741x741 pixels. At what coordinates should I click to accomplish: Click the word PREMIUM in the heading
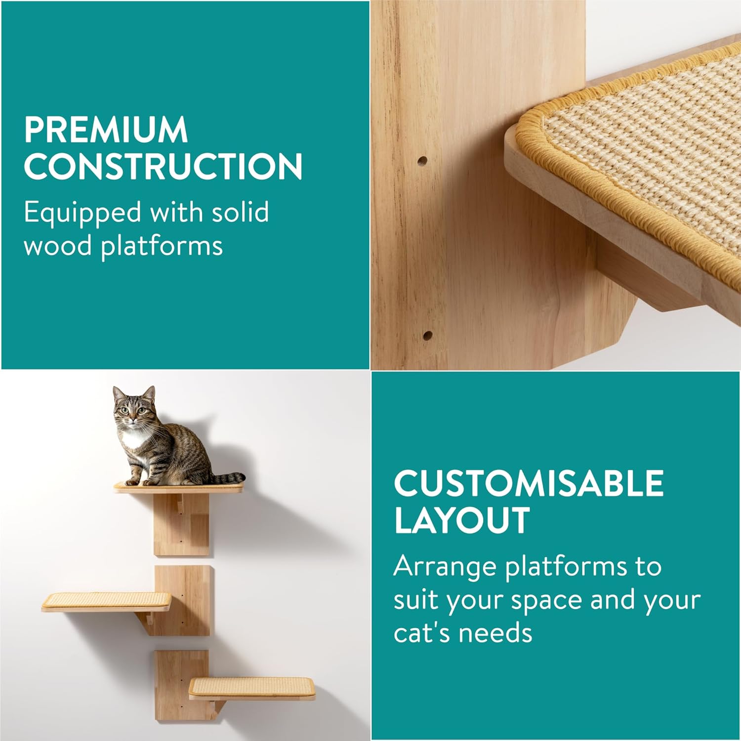pyautogui.click(x=106, y=130)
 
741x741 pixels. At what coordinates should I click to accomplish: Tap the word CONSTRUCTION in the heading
pyautogui.click(x=163, y=166)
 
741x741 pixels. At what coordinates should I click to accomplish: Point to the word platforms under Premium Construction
pyautogui.click(x=162, y=246)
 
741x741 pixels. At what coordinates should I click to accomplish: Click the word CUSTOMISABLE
pyautogui.click(x=529, y=483)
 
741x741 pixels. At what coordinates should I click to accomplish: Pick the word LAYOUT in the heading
pyautogui.click(x=461, y=520)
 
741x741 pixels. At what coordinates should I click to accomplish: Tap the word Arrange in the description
pyautogui.click(x=445, y=567)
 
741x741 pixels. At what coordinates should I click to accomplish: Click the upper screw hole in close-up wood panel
pyautogui.click(x=422, y=161)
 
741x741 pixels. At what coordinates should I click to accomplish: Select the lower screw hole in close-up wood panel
pyautogui.click(x=428, y=335)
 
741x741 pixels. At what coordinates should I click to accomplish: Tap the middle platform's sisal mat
pyautogui.click(x=106, y=600)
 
